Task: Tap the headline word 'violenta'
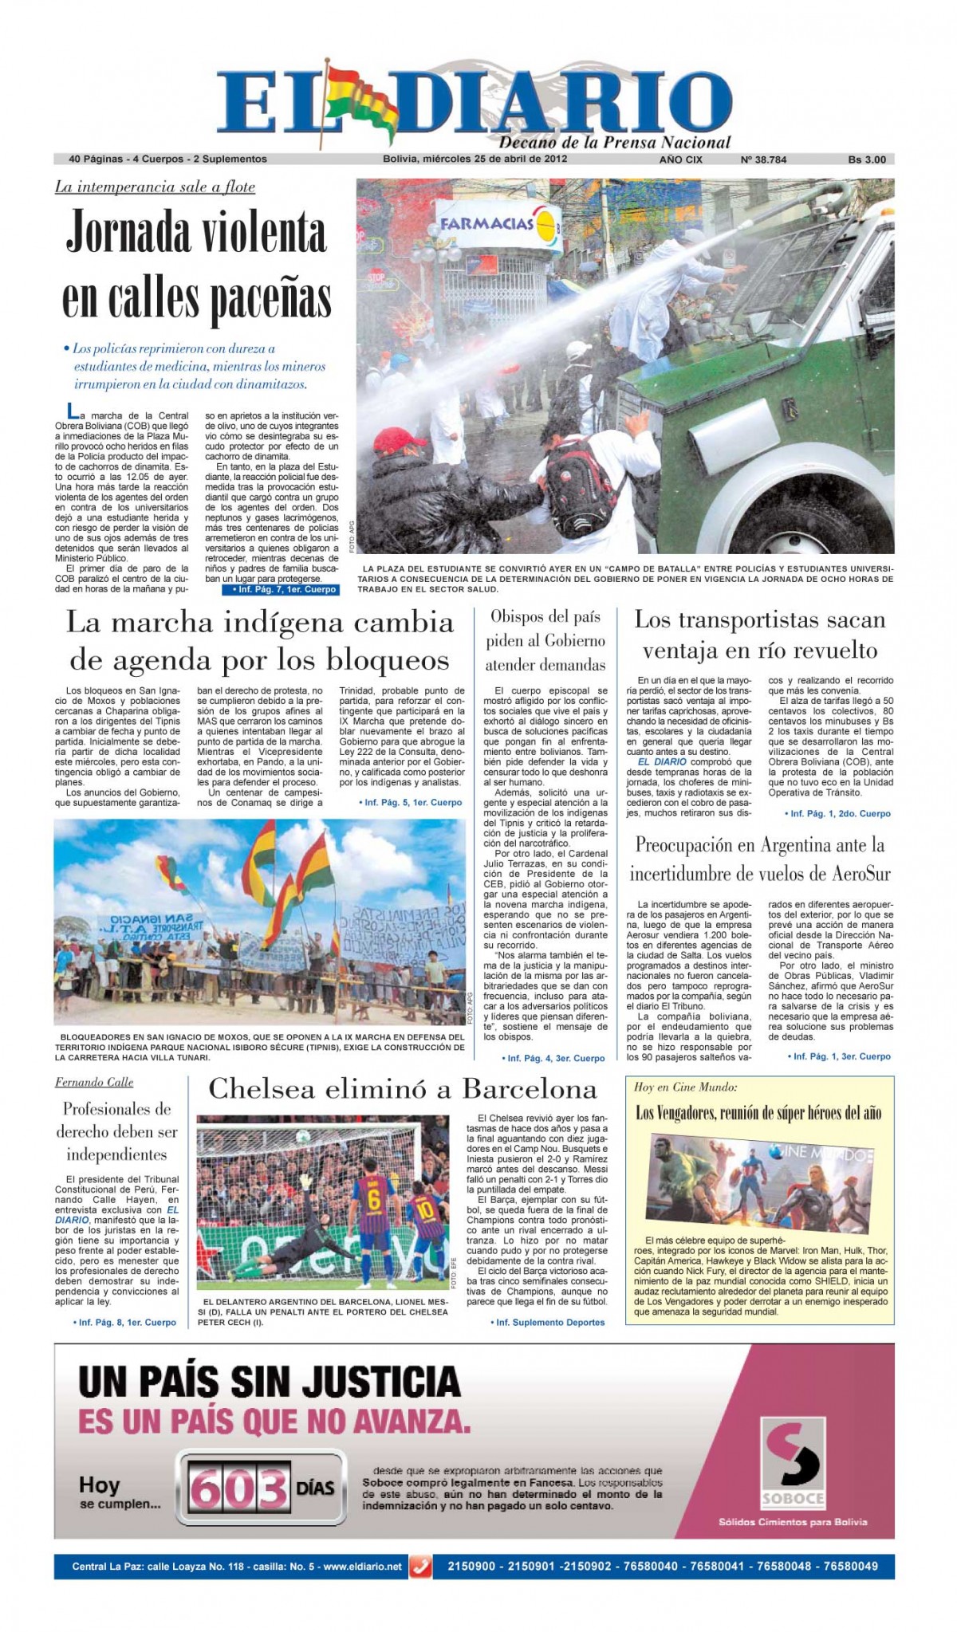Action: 254,233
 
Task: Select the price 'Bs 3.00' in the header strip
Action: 867,159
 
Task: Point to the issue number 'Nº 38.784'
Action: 763,159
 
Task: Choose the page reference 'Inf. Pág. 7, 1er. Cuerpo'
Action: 280,589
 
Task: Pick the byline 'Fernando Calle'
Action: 94,1082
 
